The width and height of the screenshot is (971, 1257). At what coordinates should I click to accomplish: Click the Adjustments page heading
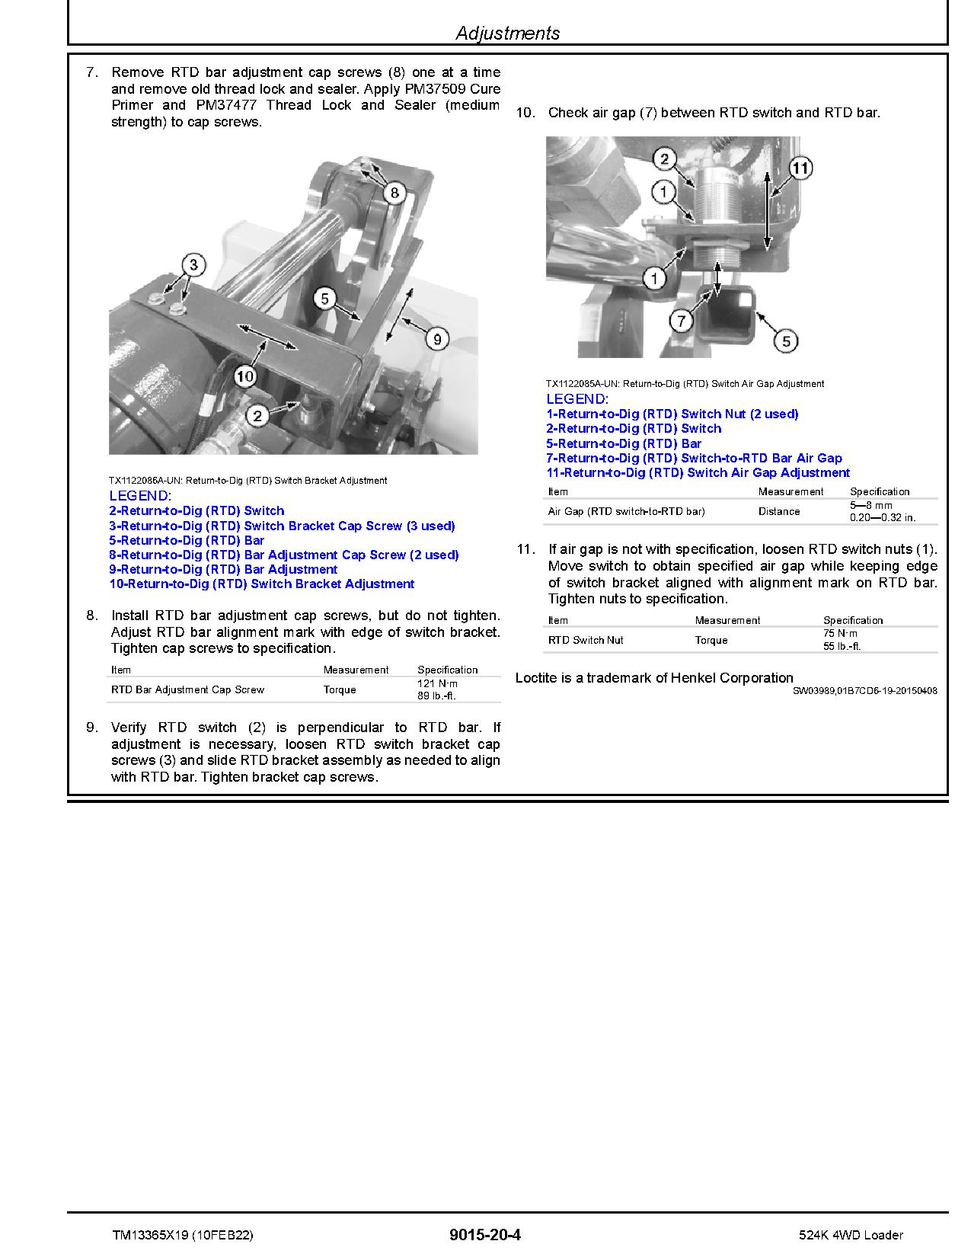(507, 33)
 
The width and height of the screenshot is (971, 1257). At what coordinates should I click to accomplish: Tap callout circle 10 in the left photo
(244, 375)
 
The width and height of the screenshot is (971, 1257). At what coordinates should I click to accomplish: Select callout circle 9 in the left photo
(436, 338)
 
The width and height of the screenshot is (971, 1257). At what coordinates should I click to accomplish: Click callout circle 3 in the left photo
(194, 265)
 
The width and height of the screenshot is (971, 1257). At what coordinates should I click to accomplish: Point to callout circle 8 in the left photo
(394, 193)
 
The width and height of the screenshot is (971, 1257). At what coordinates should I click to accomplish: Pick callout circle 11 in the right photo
(800, 168)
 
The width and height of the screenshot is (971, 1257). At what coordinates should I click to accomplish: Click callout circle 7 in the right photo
(682, 319)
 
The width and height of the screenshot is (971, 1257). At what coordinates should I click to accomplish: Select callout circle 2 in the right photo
(664, 158)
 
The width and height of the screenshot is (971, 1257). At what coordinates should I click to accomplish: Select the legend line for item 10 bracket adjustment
(261, 584)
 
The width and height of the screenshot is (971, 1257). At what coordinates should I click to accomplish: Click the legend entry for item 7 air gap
(694, 458)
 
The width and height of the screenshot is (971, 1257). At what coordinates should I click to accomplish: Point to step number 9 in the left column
(92, 728)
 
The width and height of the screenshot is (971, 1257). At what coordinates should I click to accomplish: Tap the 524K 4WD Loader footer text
(851, 1235)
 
